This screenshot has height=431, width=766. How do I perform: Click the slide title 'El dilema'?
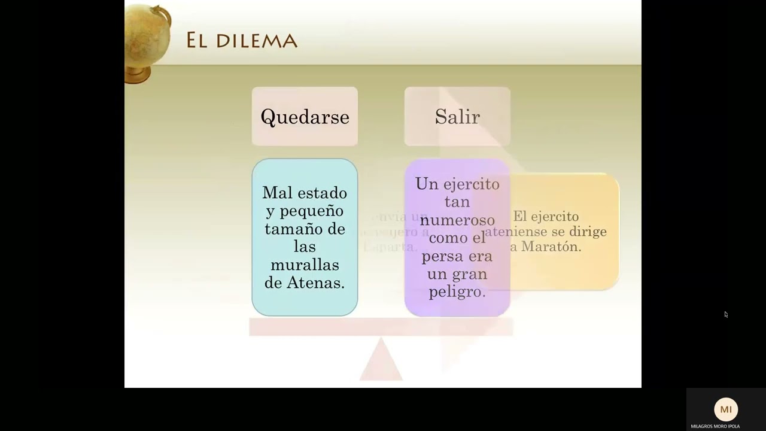[241, 40]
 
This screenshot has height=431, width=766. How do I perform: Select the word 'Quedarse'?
[305, 117]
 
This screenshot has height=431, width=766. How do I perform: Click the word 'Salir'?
[457, 117]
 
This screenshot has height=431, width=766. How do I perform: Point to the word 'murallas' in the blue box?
[305, 265]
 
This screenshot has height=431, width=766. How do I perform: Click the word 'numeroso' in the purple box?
[457, 220]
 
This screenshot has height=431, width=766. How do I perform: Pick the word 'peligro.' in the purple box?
[457, 292]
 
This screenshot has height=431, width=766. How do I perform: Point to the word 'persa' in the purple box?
[443, 256]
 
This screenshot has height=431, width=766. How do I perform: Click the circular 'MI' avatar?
[726, 409]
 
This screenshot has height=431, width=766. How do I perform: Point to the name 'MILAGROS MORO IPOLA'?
[715, 426]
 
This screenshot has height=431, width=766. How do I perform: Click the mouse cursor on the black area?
[726, 314]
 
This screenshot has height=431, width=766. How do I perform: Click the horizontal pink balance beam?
[381, 327]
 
